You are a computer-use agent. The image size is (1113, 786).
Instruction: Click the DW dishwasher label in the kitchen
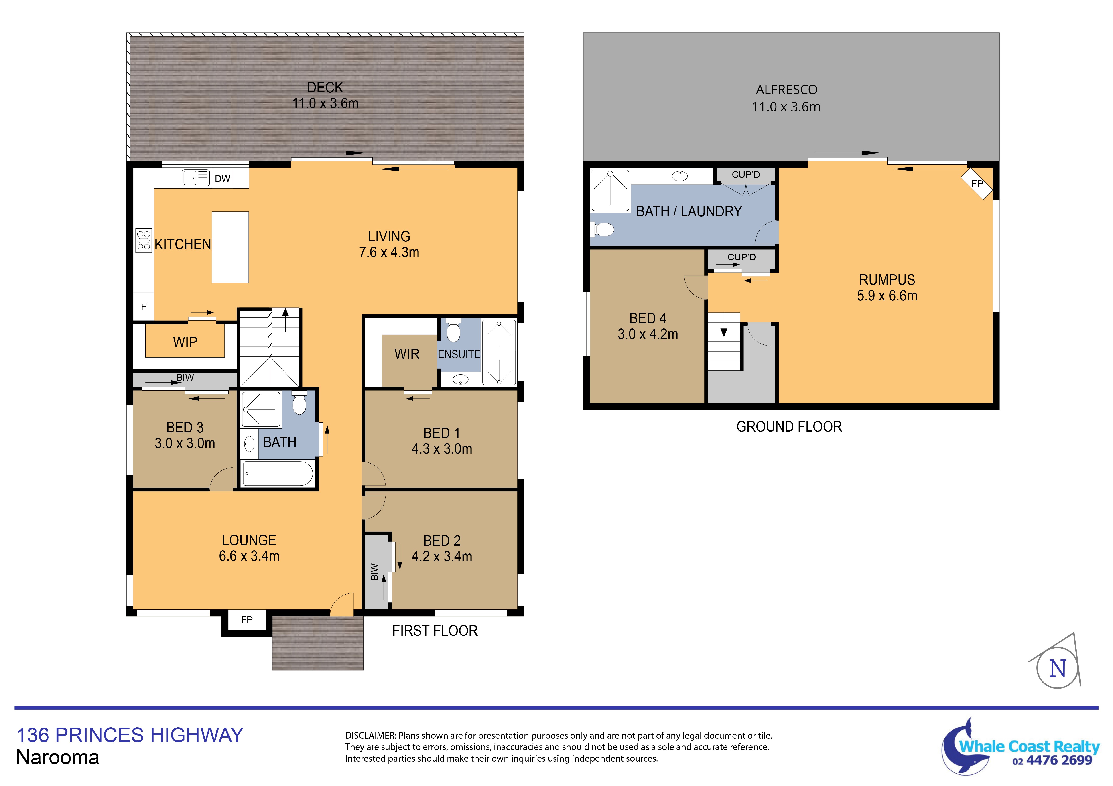click(x=223, y=179)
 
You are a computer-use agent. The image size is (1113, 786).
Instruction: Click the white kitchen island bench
click(x=230, y=247)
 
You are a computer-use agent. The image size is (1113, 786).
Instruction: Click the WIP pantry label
click(x=185, y=342)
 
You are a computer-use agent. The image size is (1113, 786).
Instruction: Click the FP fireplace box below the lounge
click(x=247, y=620)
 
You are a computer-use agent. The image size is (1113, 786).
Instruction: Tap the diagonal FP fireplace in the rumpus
click(x=977, y=183)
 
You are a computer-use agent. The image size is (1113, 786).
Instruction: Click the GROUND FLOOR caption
click(x=789, y=427)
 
